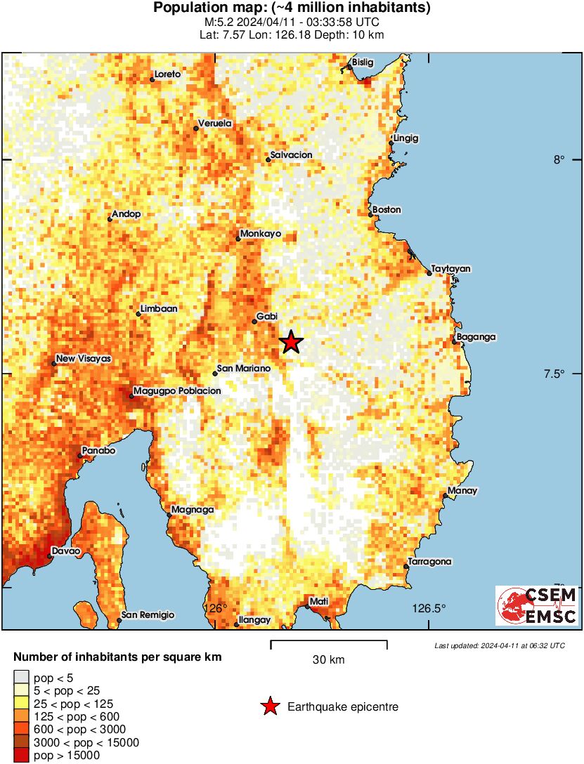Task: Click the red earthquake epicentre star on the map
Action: (291, 342)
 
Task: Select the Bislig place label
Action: (363, 62)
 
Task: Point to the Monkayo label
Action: (260, 233)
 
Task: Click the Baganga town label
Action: (476, 337)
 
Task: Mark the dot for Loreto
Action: (153, 79)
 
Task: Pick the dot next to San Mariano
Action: (215, 374)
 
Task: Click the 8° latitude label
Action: (559, 159)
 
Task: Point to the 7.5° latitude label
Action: (554, 374)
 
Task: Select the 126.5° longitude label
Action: (429, 608)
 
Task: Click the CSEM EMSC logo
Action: (538, 606)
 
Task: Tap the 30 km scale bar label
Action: (328, 660)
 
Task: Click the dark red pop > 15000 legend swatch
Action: (22, 756)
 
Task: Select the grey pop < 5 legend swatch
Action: (22, 677)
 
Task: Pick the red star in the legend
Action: (269, 706)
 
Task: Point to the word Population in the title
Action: (188, 8)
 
